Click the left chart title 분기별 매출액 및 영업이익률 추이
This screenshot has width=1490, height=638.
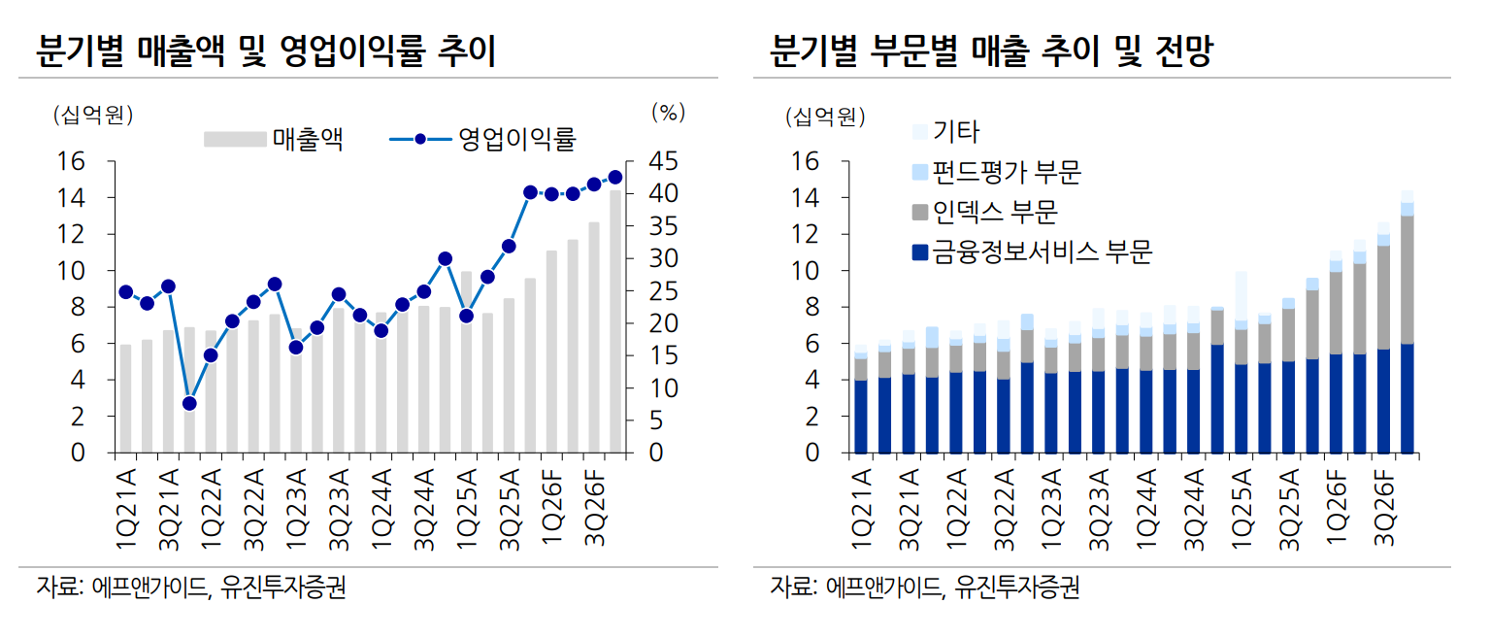(266, 51)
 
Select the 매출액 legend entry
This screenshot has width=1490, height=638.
(273, 139)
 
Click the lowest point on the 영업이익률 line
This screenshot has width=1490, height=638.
(189, 403)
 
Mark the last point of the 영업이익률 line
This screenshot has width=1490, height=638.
(614, 177)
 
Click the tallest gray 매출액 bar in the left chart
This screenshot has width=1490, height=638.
(614, 320)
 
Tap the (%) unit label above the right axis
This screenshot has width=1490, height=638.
(668, 113)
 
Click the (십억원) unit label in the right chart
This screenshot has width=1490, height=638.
(824, 118)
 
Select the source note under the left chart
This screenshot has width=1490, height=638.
(190, 588)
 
